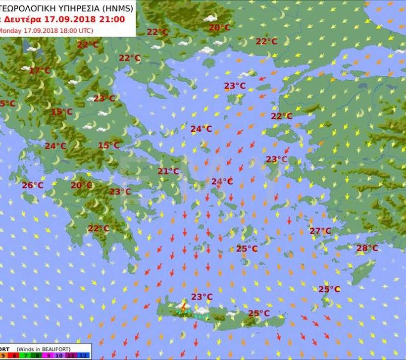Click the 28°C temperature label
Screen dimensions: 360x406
367,248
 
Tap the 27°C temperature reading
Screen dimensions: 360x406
320,231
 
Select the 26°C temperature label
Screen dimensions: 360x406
32,185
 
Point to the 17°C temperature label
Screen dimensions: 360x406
40,70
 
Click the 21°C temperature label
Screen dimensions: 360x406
168,171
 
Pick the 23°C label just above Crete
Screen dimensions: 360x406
202,297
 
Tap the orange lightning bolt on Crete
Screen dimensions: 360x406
184,308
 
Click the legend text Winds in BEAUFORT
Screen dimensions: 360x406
43,349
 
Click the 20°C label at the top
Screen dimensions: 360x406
219,28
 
